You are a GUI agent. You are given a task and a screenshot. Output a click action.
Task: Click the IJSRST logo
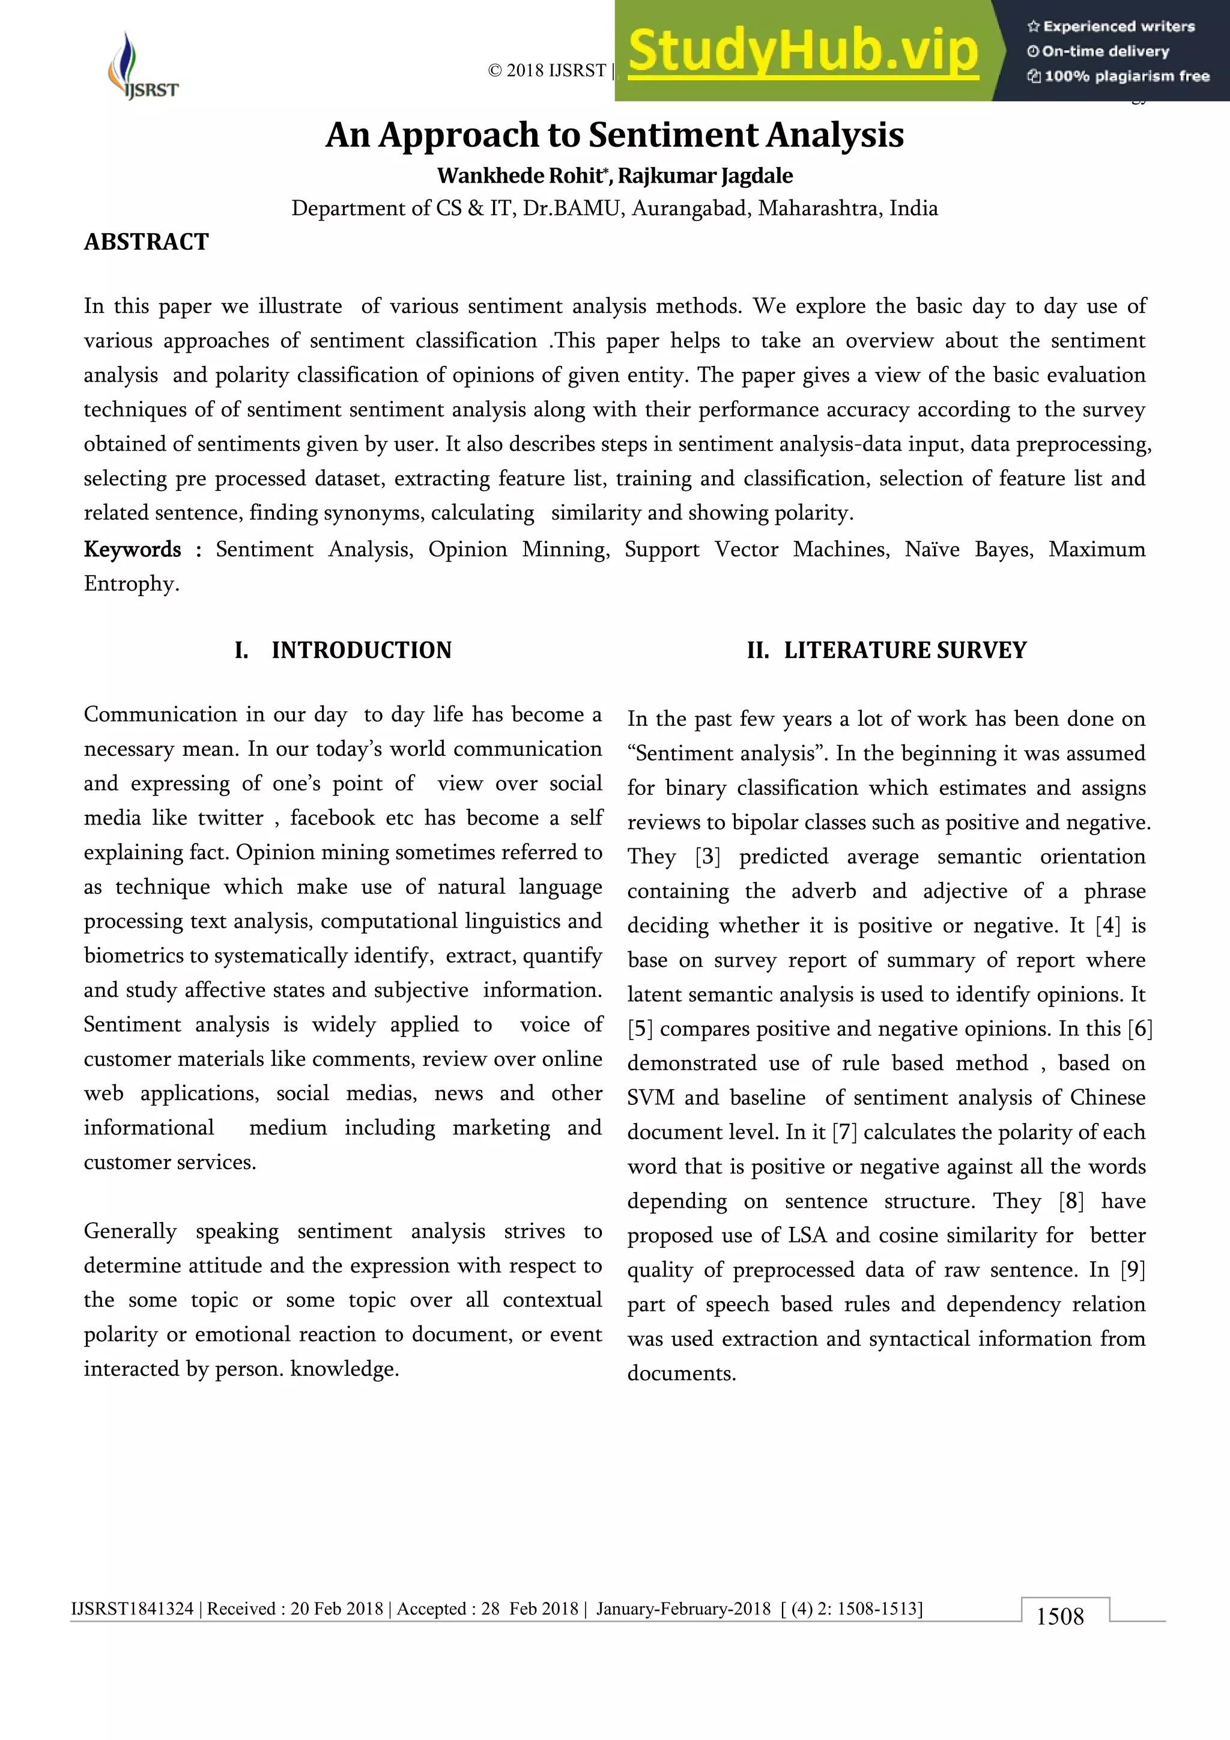point(142,66)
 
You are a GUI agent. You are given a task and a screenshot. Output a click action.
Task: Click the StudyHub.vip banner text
point(803,51)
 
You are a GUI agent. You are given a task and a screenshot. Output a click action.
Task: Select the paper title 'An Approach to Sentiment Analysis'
point(614,136)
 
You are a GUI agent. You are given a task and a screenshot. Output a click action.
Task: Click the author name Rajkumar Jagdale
point(705,176)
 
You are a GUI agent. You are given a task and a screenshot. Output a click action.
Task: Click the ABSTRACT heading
point(146,242)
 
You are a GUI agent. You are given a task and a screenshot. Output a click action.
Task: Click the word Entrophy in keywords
point(130,584)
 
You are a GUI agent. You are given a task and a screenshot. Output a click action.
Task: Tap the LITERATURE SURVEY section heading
point(904,650)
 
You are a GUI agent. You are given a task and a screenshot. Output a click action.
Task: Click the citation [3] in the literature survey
point(707,857)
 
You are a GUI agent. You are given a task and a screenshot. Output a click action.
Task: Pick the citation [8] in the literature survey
point(1071,1201)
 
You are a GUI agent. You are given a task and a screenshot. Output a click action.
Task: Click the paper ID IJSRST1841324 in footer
point(133,1608)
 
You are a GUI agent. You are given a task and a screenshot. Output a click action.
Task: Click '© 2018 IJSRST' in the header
point(547,70)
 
